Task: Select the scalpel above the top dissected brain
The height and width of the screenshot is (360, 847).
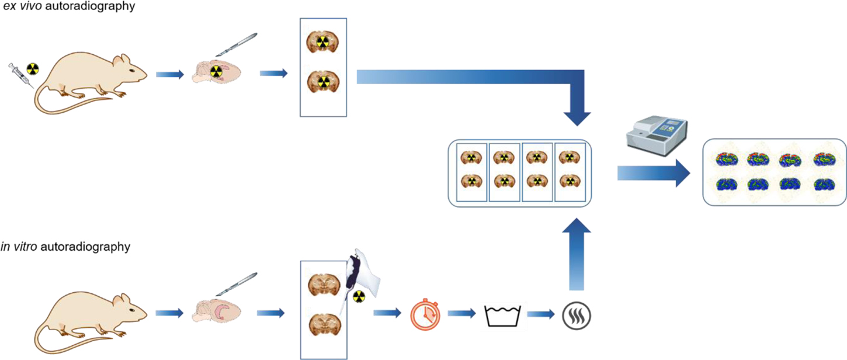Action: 237,45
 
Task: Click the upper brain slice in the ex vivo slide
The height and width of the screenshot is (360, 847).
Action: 323,41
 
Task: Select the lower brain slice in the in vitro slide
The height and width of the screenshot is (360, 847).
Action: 324,324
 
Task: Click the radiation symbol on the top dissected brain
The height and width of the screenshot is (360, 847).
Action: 217,72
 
